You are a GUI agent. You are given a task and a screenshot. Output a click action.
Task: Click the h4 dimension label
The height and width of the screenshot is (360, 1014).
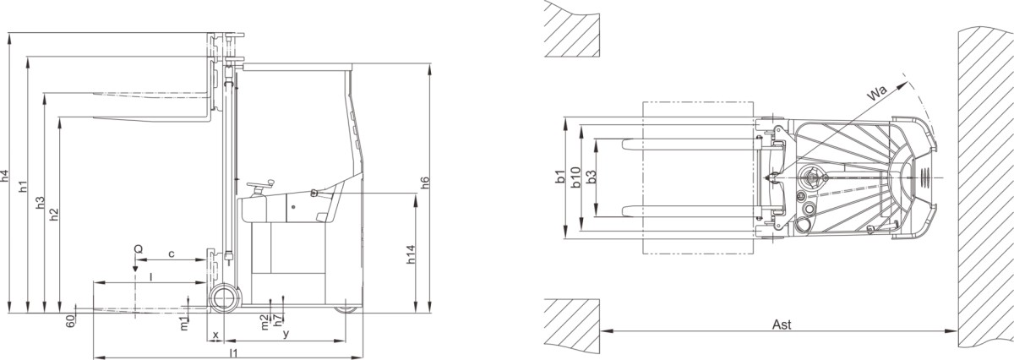(x=4, y=176)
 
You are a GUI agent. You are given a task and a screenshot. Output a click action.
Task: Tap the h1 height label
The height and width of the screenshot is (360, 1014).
(x=23, y=187)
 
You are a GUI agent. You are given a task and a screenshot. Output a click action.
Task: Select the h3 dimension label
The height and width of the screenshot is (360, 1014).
(x=40, y=203)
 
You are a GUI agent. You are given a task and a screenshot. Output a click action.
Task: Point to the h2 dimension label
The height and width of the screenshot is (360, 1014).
(x=54, y=215)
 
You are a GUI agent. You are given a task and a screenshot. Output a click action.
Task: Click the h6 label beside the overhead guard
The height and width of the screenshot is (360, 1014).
(x=424, y=183)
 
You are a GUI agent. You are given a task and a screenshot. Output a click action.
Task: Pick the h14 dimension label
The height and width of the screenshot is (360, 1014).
(x=410, y=255)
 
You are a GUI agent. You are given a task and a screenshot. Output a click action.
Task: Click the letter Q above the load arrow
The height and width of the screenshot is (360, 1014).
(x=139, y=249)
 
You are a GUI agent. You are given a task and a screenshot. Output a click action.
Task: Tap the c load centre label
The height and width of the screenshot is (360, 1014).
(x=171, y=254)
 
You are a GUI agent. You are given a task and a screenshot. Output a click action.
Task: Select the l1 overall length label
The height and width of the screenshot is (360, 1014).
(x=233, y=352)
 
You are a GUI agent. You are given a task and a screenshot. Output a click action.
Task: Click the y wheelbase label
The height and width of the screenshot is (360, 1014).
(x=286, y=335)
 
